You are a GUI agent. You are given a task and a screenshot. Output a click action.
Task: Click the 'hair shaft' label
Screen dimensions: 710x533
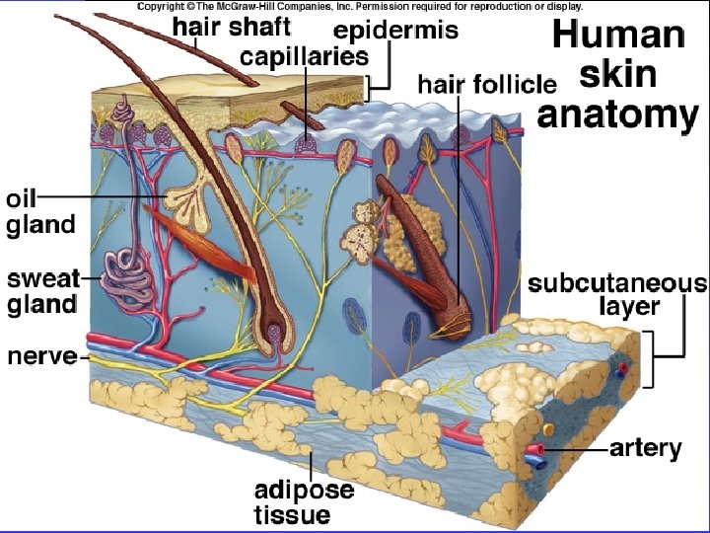coord(231,28)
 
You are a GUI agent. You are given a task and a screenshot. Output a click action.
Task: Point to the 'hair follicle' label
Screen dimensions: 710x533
coord(487,83)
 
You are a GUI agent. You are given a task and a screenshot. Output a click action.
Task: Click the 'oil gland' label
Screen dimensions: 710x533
coord(39,211)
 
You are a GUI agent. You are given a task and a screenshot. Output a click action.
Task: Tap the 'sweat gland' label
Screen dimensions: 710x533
coord(42,291)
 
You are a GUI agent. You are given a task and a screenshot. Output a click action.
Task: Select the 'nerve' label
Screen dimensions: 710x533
coord(41,355)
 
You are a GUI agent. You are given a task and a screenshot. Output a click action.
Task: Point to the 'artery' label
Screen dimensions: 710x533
coord(646,449)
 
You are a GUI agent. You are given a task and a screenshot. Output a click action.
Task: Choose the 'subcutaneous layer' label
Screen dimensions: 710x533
coord(617,295)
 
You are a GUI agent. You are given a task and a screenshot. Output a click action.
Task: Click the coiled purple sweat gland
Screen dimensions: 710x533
coord(126,275)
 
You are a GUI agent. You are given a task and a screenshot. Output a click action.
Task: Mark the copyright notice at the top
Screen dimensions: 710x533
coord(359,6)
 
